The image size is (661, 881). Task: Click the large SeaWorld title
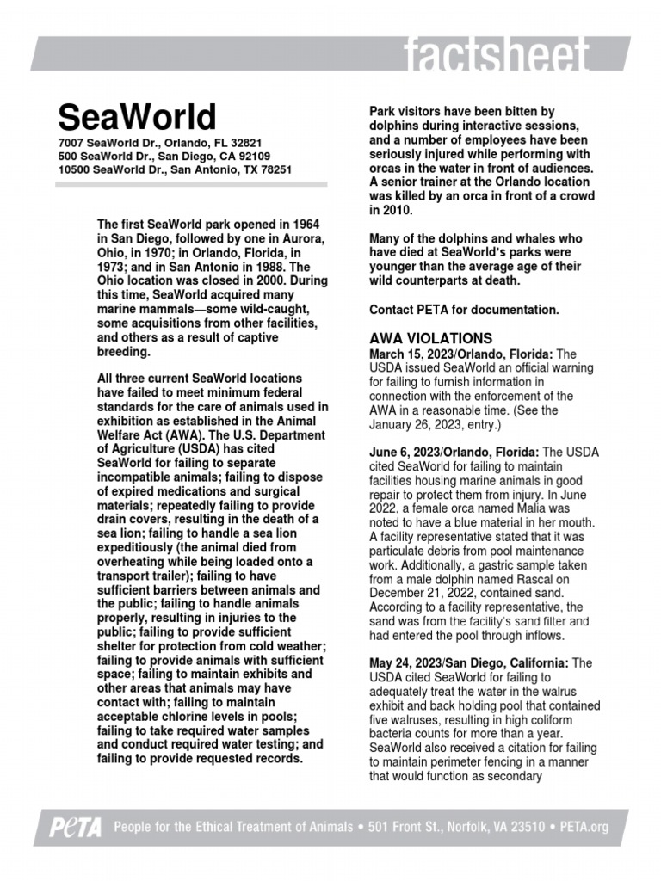tap(137, 116)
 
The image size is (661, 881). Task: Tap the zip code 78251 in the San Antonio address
tap(273, 169)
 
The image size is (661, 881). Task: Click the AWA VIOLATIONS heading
tap(430, 338)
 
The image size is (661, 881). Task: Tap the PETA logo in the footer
tap(75, 828)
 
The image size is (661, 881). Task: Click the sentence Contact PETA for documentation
tap(464, 309)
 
